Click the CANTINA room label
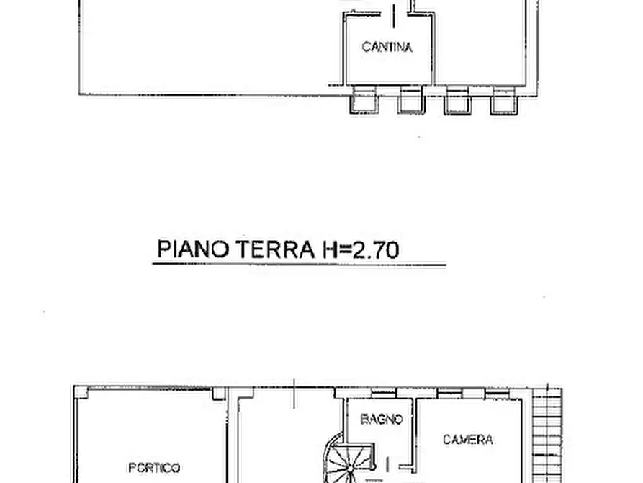387,48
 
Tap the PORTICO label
154,468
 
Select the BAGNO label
381,419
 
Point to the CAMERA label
467,439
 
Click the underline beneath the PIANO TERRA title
299,265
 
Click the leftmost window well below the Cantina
363,101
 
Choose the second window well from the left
411,101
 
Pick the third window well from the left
457,101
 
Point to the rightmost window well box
504,101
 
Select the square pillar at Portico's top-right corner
218,393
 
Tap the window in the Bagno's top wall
383,394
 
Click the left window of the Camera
449,392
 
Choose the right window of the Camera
496,392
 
